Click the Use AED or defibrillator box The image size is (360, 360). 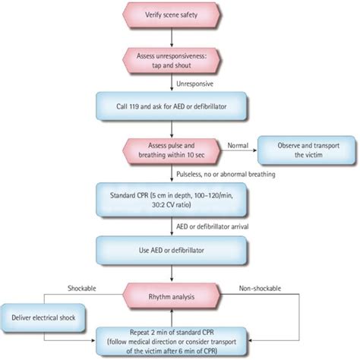click(176, 248)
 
